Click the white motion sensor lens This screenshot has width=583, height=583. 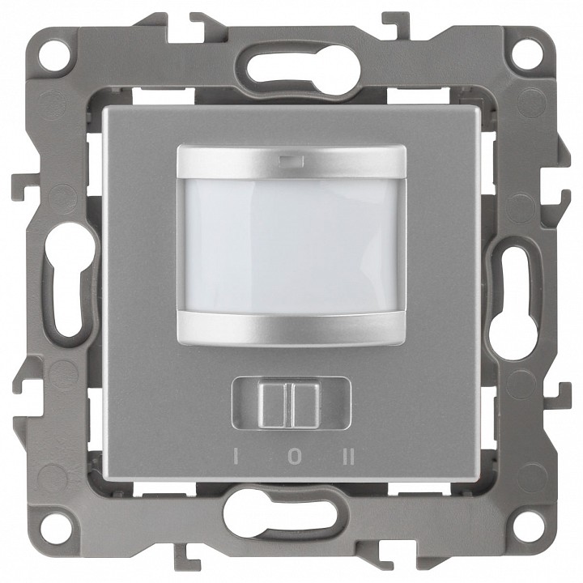(x=291, y=246)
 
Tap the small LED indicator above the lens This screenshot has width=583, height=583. (x=291, y=161)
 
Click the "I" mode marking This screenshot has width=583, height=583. (x=235, y=457)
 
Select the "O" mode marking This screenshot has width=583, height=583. (x=293, y=457)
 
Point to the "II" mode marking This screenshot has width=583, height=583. (x=349, y=457)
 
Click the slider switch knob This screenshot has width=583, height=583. (x=290, y=405)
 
